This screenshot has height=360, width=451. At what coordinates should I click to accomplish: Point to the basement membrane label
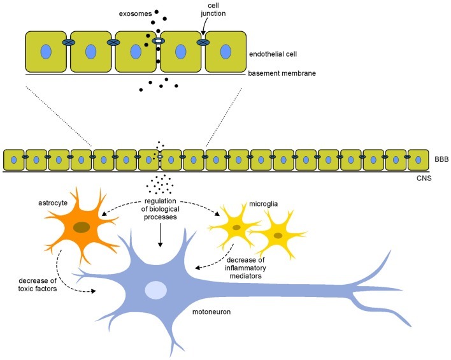283,73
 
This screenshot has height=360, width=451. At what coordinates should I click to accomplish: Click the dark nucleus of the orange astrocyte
81,227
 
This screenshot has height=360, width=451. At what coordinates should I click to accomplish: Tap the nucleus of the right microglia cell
278,235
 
